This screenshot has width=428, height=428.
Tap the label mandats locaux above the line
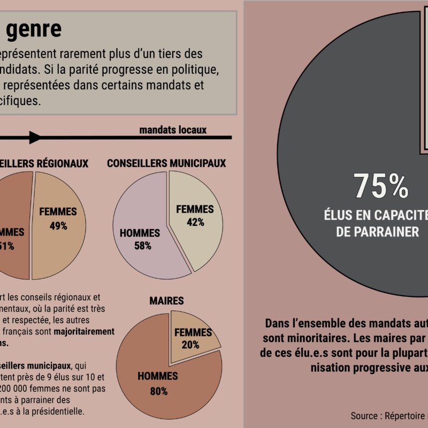[173, 130]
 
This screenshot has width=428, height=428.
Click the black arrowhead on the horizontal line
[35, 137]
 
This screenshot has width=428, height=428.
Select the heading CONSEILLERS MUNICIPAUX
[166, 163]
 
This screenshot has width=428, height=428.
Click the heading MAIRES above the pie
[166, 301]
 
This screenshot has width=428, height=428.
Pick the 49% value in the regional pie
[58, 226]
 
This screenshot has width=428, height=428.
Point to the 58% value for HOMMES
[142, 246]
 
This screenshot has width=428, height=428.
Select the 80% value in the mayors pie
[158, 391]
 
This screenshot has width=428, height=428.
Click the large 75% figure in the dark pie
[381, 186]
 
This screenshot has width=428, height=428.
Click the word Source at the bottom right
[366, 416]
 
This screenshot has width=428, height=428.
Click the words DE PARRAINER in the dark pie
[377, 232]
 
